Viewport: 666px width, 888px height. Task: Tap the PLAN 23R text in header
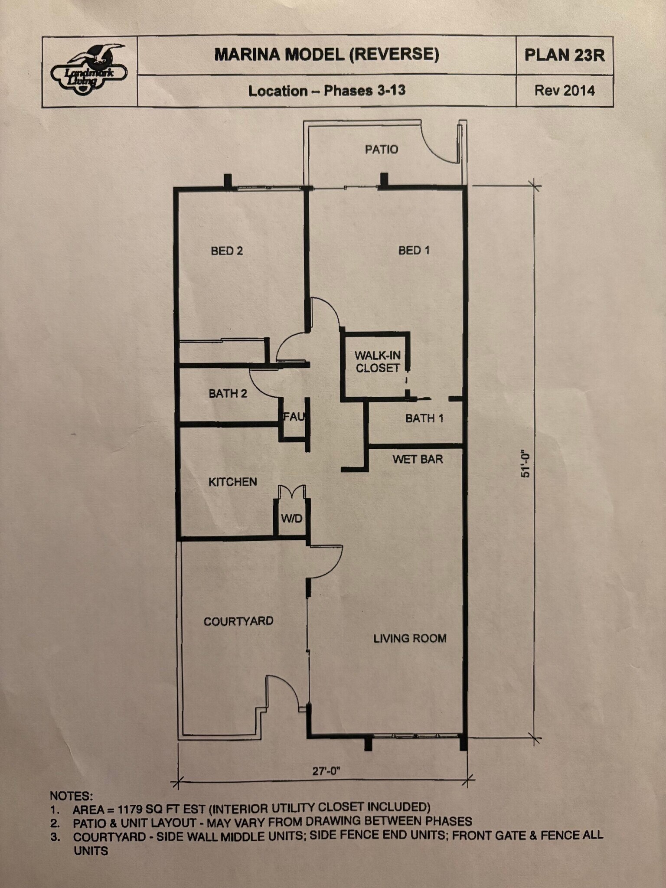tap(564, 55)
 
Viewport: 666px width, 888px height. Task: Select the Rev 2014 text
tap(564, 91)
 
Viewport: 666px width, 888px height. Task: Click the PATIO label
tap(381, 150)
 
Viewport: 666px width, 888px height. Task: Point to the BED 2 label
tap(227, 251)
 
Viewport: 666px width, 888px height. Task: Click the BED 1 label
tap(414, 250)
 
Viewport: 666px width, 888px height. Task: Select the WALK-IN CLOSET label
tap(377, 362)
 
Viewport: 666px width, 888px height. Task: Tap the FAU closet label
tap(294, 417)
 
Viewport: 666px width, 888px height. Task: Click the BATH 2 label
tap(228, 394)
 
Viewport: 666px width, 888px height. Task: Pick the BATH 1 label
tap(424, 418)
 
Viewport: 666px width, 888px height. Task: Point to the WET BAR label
tap(418, 459)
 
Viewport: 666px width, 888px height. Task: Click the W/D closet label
tap(291, 519)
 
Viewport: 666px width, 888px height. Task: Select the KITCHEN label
tap(232, 482)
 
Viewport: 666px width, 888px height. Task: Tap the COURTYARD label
tap(238, 621)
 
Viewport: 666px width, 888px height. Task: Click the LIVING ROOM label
tap(410, 638)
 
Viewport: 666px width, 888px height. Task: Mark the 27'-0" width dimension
tap(326, 771)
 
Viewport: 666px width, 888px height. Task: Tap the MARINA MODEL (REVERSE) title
tap(326, 55)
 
